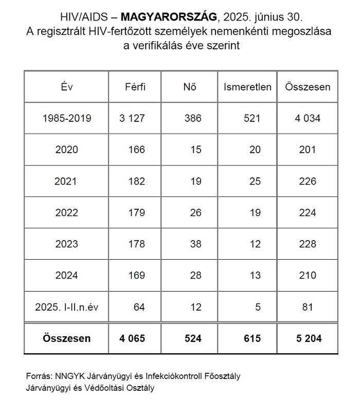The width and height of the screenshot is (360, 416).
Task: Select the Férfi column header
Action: (135, 87)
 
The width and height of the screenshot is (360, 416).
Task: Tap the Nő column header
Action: (190, 87)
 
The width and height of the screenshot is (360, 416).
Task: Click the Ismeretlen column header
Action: (247, 87)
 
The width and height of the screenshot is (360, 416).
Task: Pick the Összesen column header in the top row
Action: (308, 87)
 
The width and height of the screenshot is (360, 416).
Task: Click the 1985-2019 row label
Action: (67, 118)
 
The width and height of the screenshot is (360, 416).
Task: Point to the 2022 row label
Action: (66, 212)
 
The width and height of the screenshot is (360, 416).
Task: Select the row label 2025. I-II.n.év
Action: (67, 307)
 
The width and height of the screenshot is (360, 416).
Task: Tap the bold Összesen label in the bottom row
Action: (67, 338)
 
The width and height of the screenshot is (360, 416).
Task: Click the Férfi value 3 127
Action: (132, 118)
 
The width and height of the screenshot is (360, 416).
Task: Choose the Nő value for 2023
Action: (195, 244)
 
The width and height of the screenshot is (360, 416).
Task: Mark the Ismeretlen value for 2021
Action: (255, 181)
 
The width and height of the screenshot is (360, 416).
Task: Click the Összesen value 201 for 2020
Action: (308, 150)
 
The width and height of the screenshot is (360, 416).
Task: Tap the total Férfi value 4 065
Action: (132, 338)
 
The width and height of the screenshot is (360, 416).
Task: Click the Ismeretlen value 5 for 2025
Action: (258, 307)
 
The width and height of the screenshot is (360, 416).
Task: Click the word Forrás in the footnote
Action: (38, 376)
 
